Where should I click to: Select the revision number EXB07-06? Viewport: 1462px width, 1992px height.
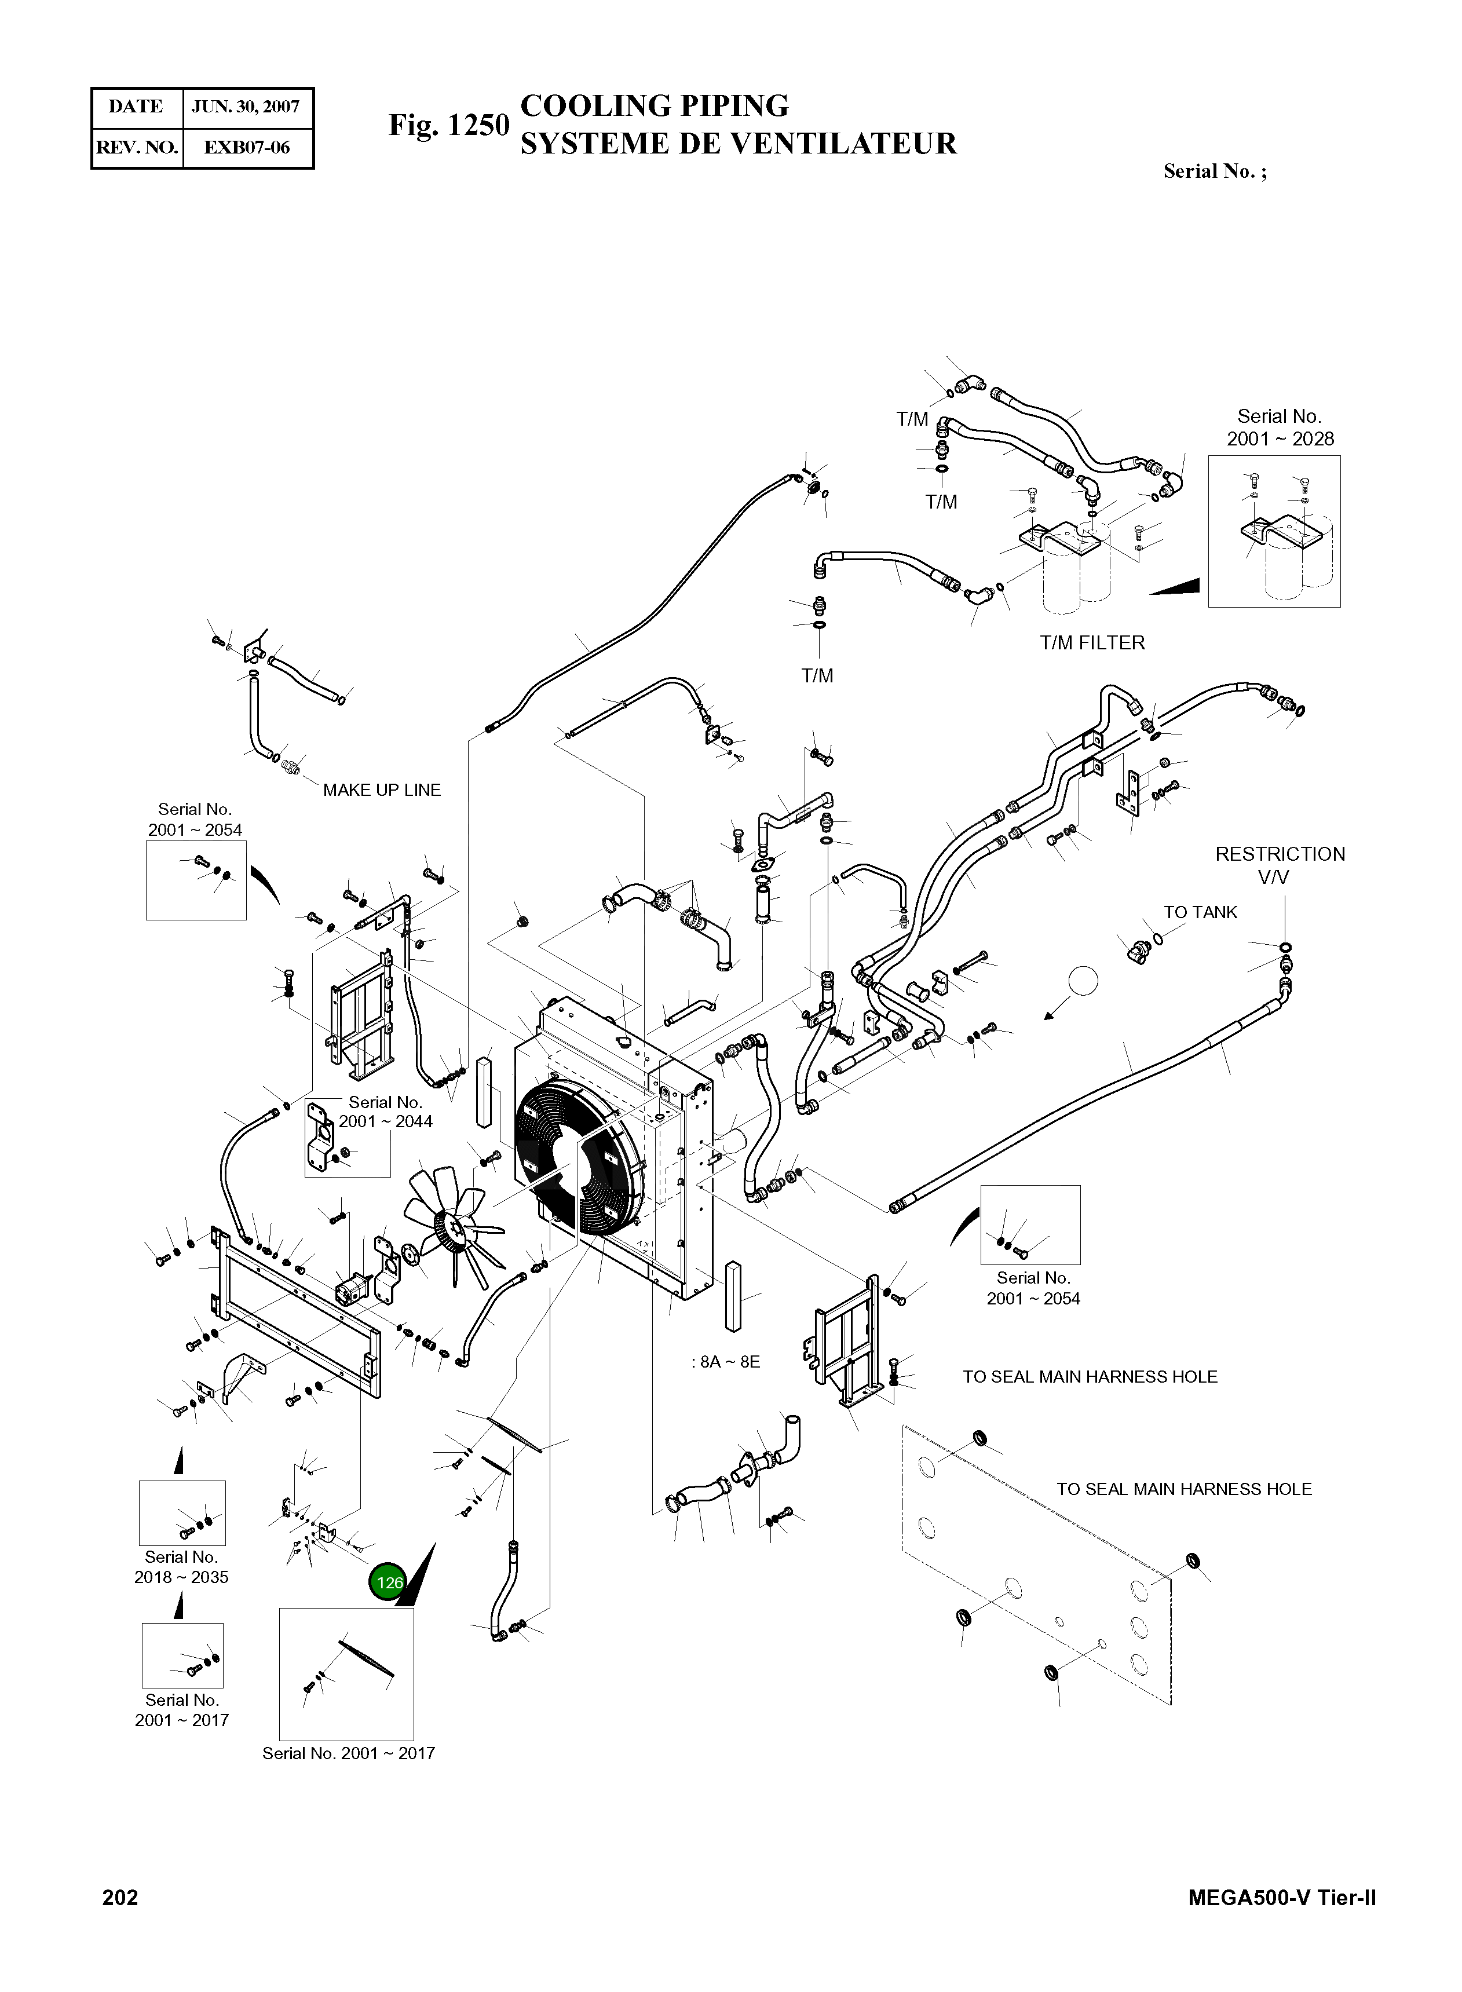tap(247, 147)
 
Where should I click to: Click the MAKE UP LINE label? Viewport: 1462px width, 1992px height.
tap(382, 790)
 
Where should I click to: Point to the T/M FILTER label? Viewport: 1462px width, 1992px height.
tap(1092, 644)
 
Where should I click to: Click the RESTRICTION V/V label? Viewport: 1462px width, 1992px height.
tap(1280, 865)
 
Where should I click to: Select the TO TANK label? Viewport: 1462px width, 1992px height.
tap(1200, 912)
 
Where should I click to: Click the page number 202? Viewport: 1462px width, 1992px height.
tap(120, 1898)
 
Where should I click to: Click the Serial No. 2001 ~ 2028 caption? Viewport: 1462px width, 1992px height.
tap(1280, 427)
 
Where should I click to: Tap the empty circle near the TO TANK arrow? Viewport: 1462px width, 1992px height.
tap(1083, 981)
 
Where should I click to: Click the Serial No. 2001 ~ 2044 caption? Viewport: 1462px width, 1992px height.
tap(385, 1112)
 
